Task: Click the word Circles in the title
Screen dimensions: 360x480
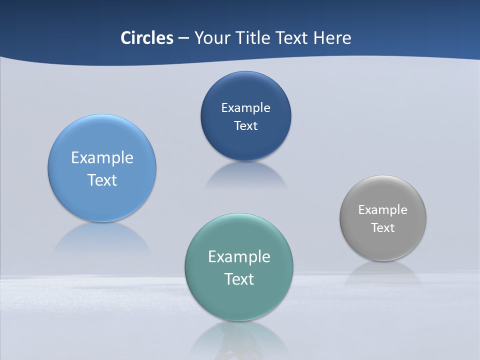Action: pos(147,38)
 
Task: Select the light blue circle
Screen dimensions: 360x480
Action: pos(102,200)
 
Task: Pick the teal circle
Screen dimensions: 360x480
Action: pos(239,300)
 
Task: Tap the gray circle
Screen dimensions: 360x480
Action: pos(383,245)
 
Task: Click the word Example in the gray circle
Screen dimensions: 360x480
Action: pos(383,210)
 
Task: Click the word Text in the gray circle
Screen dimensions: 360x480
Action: pos(383,228)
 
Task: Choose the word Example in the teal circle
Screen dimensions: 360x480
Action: pos(239,257)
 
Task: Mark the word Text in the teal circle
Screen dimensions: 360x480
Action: pos(239,279)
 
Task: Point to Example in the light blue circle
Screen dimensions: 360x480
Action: pos(102,158)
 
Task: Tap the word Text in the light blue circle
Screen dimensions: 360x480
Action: pos(102,180)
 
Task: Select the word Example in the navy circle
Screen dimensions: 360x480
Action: pos(245,108)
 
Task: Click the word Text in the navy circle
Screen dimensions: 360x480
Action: pos(245,126)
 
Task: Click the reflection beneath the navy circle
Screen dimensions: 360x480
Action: pos(245,175)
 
